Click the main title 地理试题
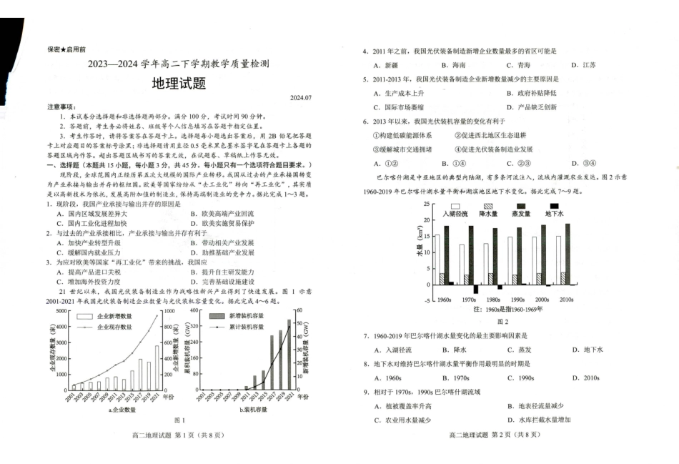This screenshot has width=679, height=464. [179, 84]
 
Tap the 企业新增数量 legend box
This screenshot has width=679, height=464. [85, 315]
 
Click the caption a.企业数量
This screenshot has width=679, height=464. [122, 410]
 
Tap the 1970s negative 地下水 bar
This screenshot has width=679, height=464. [475, 289]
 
